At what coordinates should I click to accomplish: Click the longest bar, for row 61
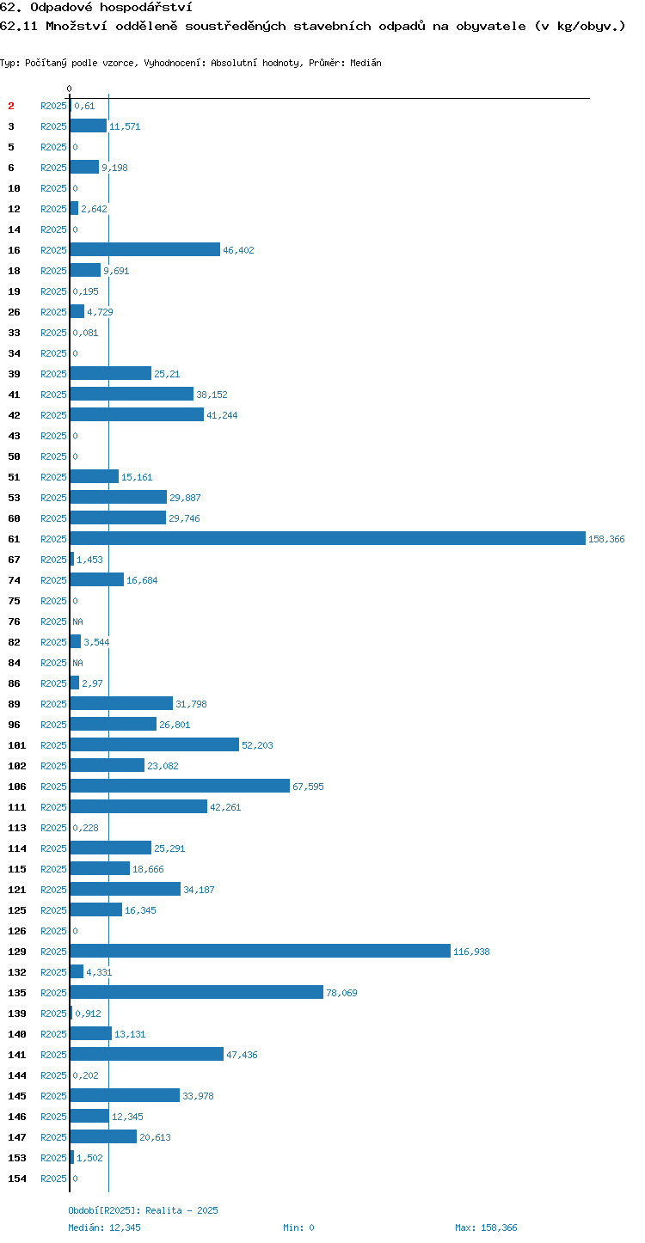[328, 538]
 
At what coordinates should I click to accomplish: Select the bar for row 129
[261, 951]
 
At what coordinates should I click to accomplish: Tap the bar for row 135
[196, 992]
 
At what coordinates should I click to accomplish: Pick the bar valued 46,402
[144, 249]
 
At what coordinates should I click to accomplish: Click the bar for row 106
[180, 786]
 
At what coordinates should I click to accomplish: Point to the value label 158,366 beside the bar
[606, 539]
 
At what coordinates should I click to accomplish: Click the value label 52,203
[257, 745]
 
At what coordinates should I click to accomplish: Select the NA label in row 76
[77, 621]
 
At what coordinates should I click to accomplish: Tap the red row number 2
[11, 106]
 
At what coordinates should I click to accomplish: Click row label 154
[16, 1178]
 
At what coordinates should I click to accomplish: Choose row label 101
[16, 745]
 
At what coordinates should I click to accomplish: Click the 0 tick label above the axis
[69, 89]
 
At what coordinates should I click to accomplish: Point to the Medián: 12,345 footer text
[104, 1228]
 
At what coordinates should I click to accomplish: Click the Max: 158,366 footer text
[486, 1228]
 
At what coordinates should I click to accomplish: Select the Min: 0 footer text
[298, 1228]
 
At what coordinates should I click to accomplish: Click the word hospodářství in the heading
[146, 7]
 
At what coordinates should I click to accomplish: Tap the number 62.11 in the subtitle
[19, 26]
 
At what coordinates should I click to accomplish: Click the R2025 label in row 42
[53, 415]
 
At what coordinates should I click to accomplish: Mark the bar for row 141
[146, 1054]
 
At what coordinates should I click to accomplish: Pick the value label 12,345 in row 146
[127, 1117]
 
